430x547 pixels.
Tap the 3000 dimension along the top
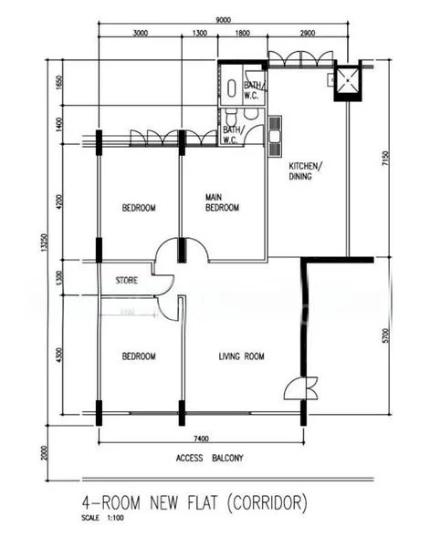[140, 34]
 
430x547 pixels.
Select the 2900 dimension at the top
[307, 34]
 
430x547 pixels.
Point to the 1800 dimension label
[243, 34]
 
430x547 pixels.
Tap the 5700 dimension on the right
[387, 335]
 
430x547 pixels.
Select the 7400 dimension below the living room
[200, 439]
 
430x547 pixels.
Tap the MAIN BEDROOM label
[222, 202]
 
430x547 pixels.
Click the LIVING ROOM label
[242, 356]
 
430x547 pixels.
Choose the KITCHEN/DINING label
[306, 171]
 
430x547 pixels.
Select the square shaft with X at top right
[348, 80]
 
